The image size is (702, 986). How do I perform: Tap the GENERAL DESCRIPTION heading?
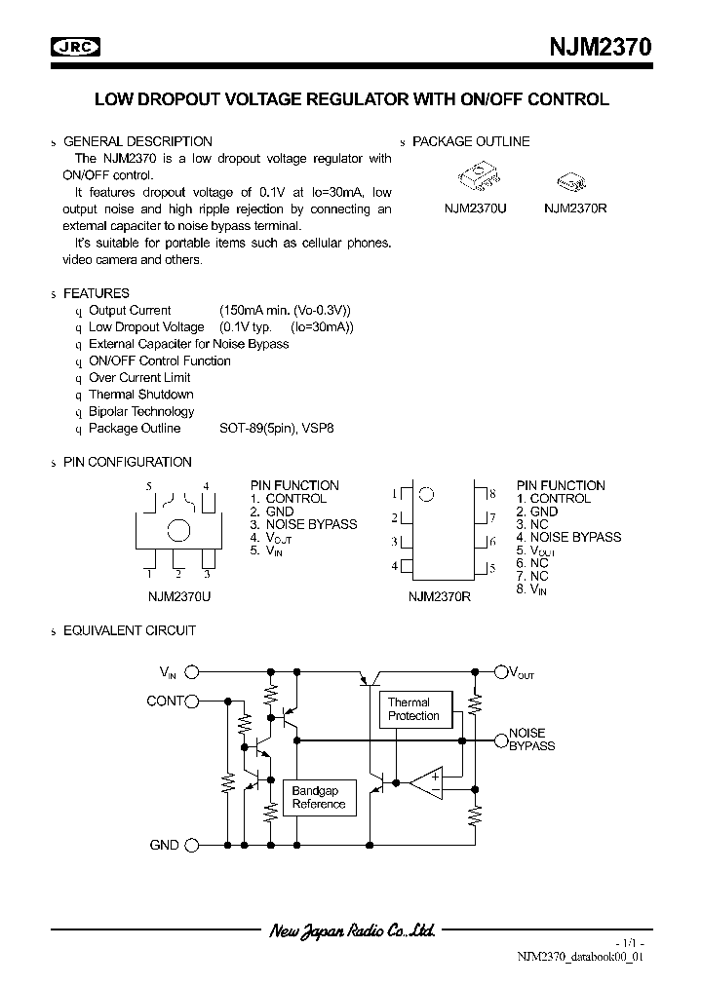pyautogui.click(x=137, y=141)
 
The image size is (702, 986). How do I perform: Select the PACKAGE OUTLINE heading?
pyautogui.click(x=471, y=141)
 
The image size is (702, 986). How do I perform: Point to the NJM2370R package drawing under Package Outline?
pyautogui.click(x=570, y=181)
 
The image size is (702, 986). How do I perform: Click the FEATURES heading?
pyautogui.click(x=96, y=292)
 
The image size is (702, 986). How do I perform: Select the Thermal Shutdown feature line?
pyautogui.click(x=140, y=395)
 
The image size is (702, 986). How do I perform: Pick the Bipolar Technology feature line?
pyautogui.click(x=141, y=411)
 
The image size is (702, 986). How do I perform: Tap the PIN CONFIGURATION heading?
pyautogui.click(x=127, y=462)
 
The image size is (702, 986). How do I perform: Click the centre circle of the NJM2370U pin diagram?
pyautogui.click(x=178, y=531)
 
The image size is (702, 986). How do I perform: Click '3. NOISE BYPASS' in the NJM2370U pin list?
pyautogui.click(x=303, y=524)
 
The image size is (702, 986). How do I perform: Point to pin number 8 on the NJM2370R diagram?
pyautogui.click(x=493, y=494)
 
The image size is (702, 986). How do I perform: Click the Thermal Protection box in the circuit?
pyautogui.click(x=413, y=709)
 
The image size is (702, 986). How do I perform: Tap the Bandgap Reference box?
pyautogui.click(x=319, y=798)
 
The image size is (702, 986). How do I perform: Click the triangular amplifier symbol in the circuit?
pyautogui.click(x=426, y=780)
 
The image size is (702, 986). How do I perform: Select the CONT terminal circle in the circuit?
pyautogui.click(x=192, y=701)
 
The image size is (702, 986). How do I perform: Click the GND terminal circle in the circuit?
pyautogui.click(x=192, y=845)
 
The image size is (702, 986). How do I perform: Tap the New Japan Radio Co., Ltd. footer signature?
pyautogui.click(x=351, y=931)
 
